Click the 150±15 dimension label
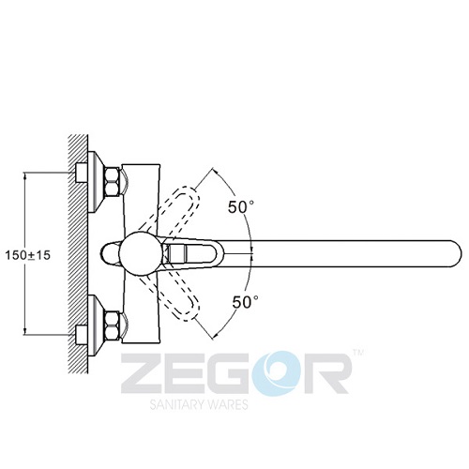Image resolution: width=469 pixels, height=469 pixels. click(28, 255)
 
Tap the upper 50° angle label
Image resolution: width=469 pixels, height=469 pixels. click(241, 207)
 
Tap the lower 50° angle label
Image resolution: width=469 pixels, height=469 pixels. click(245, 302)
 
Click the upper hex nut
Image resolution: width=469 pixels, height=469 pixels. click(113, 182)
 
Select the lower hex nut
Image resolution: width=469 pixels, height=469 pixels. click(113, 325)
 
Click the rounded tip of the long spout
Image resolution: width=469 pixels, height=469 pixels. click(457, 253)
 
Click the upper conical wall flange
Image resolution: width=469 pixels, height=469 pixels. click(96, 182)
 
